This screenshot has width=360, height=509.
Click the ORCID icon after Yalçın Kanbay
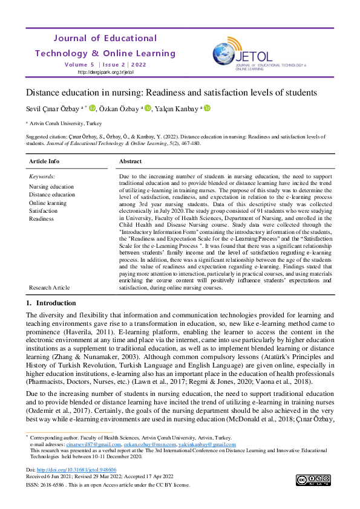[207, 109]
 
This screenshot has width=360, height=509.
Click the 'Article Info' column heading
[44, 161]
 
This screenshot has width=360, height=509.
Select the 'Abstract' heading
[131, 161]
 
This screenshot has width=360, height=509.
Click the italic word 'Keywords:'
[42, 177]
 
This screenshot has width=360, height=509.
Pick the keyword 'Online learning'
[48, 203]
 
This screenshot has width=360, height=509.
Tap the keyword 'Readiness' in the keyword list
[41, 219]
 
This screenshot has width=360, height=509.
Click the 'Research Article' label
[49, 288]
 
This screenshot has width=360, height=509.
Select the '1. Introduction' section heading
[51, 303]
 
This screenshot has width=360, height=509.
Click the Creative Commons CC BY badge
[313, 480]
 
